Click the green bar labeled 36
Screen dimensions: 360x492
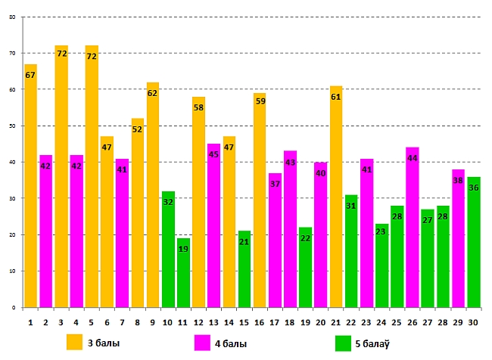point(474,242)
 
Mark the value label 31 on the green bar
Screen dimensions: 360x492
point(351,206)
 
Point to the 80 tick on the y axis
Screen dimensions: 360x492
point(11,17)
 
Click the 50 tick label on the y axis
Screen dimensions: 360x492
point(11,126)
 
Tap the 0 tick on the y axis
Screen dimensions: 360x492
point(14,308)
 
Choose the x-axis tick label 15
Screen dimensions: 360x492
point(244,322)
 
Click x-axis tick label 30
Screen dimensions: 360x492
point(474,322)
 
